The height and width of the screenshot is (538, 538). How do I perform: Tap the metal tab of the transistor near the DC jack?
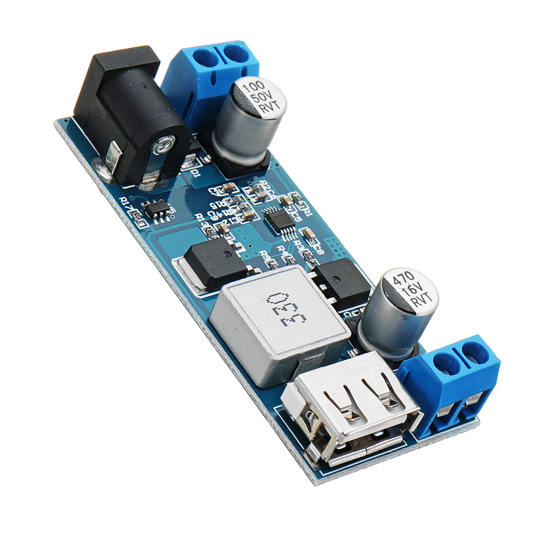(183, 274)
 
